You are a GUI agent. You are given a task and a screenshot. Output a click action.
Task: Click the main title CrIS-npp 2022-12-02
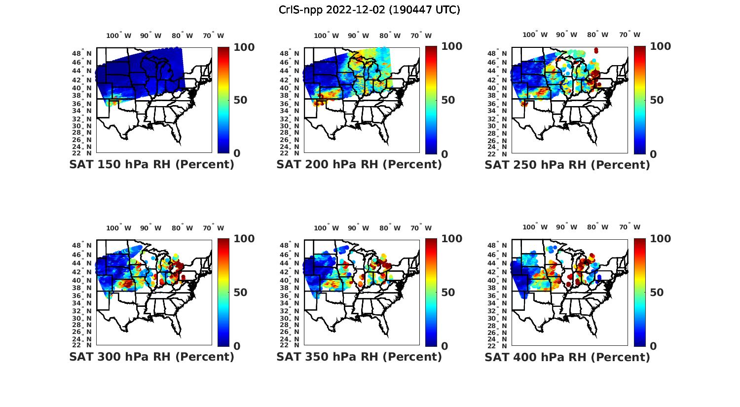(370, 10)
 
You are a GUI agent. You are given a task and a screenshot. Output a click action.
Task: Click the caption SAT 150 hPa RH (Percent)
(151, 164)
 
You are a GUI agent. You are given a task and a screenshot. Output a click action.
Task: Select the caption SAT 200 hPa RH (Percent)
(359, 164)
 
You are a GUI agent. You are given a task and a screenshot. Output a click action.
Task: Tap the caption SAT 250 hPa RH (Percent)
(567, 164)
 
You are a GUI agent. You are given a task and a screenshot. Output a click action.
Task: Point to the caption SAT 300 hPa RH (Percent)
(151, 356)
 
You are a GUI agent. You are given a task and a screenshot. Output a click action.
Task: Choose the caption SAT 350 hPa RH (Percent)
(359, 356)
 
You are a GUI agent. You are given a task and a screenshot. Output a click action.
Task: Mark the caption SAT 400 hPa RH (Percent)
(567, 356)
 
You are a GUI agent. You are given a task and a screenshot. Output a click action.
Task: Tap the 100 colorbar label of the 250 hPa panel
(660, 46)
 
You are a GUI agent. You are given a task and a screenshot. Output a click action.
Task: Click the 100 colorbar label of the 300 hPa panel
(244, 239)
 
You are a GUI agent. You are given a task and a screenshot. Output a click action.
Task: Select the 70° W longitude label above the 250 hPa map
(629, 35)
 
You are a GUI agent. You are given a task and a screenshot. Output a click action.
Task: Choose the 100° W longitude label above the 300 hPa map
(118, 228)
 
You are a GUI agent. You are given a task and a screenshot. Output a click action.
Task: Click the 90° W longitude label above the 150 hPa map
(150, 36)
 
